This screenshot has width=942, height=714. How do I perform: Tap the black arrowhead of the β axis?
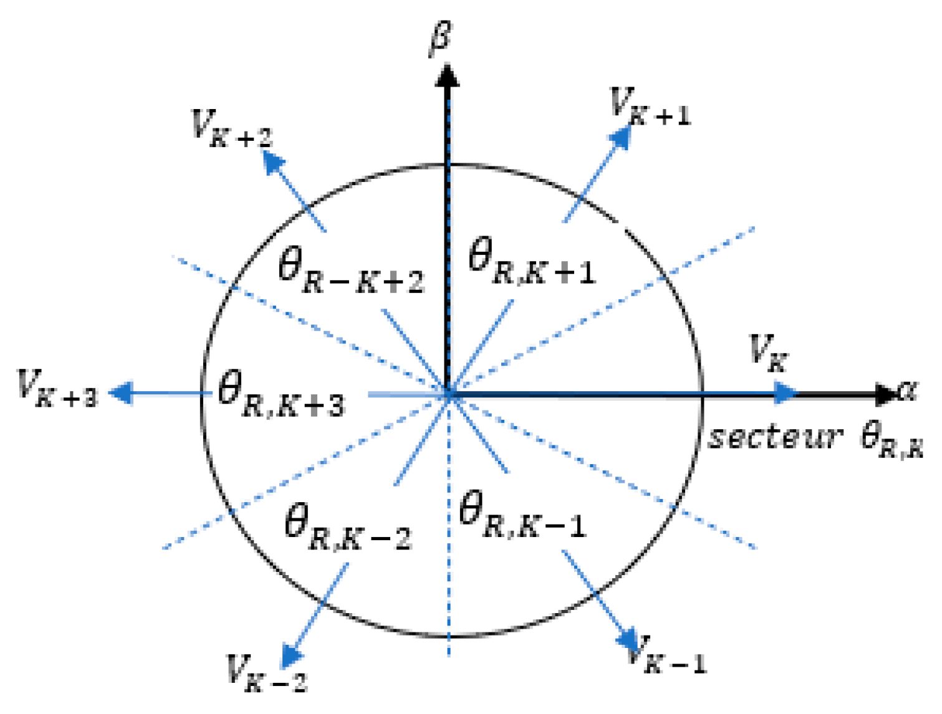click(x=446, y=75)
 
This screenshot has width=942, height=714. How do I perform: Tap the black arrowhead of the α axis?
click(x=885, y=394)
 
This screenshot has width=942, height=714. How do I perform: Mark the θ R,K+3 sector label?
click(x=281, y=396)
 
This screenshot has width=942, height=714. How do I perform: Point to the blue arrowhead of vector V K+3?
click(x=121, y=393)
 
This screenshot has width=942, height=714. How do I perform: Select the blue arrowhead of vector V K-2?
click(x=291, y=656)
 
